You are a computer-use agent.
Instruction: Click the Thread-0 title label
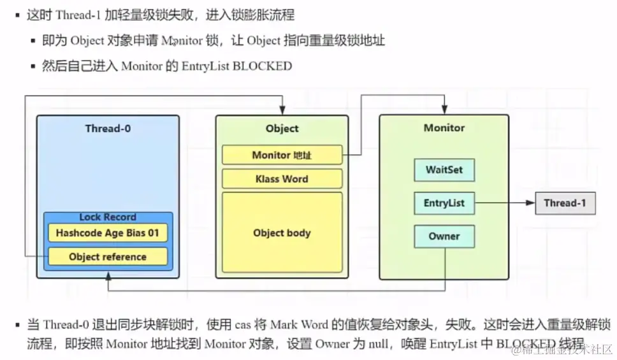[x=108, y=128]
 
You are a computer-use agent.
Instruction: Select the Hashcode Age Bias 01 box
[x=107, y=233]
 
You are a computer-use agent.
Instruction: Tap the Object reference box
[x=107, y=257]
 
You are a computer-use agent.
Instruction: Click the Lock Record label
[x=107, y=217]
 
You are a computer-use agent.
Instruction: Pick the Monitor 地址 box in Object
[x=282, y=155]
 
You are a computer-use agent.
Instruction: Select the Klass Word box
[x=282, y=179]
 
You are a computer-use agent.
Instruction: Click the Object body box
[x=282, y=233]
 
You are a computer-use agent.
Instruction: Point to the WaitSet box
[x=444, y=170]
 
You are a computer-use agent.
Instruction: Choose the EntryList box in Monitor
[x=444, y=203]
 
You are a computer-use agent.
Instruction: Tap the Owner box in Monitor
[x=444, y=236]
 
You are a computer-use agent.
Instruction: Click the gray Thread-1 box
[x=565, y=203]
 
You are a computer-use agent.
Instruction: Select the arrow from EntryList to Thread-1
[x=504, y=203]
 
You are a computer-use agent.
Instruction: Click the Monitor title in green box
[x=444, y=128]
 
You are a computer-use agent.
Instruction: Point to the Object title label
[x=282, y=128]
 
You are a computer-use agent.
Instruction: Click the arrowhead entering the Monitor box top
[x=444, y=110]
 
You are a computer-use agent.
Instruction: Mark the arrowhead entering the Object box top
[x=282, y=110]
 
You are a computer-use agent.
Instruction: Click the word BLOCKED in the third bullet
[x=262, y=66]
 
